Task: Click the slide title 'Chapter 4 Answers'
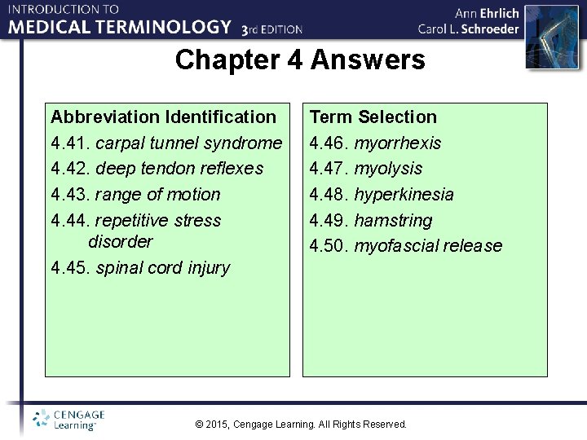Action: pos(300,60)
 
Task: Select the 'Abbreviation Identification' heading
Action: pos(163,117)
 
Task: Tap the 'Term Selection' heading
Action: pos(373,117)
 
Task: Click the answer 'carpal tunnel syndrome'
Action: pos(188,143)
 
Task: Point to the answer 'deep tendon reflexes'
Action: pos(179,169)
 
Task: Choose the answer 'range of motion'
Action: pos(157,195)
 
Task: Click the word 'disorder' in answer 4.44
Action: pos(120,242)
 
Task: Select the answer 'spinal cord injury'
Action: pos(162,268)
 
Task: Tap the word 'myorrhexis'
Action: pos(397,143)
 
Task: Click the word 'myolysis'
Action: pos(388,169)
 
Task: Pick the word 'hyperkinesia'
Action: pos(404,195)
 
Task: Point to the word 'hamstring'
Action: pos(393,221)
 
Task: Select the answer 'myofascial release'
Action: pos(428,246)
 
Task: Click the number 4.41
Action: pos(70,143)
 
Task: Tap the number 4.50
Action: pos(329,246)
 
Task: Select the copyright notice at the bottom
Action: pos(301,425)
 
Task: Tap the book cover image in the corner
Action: pos(555,37)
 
